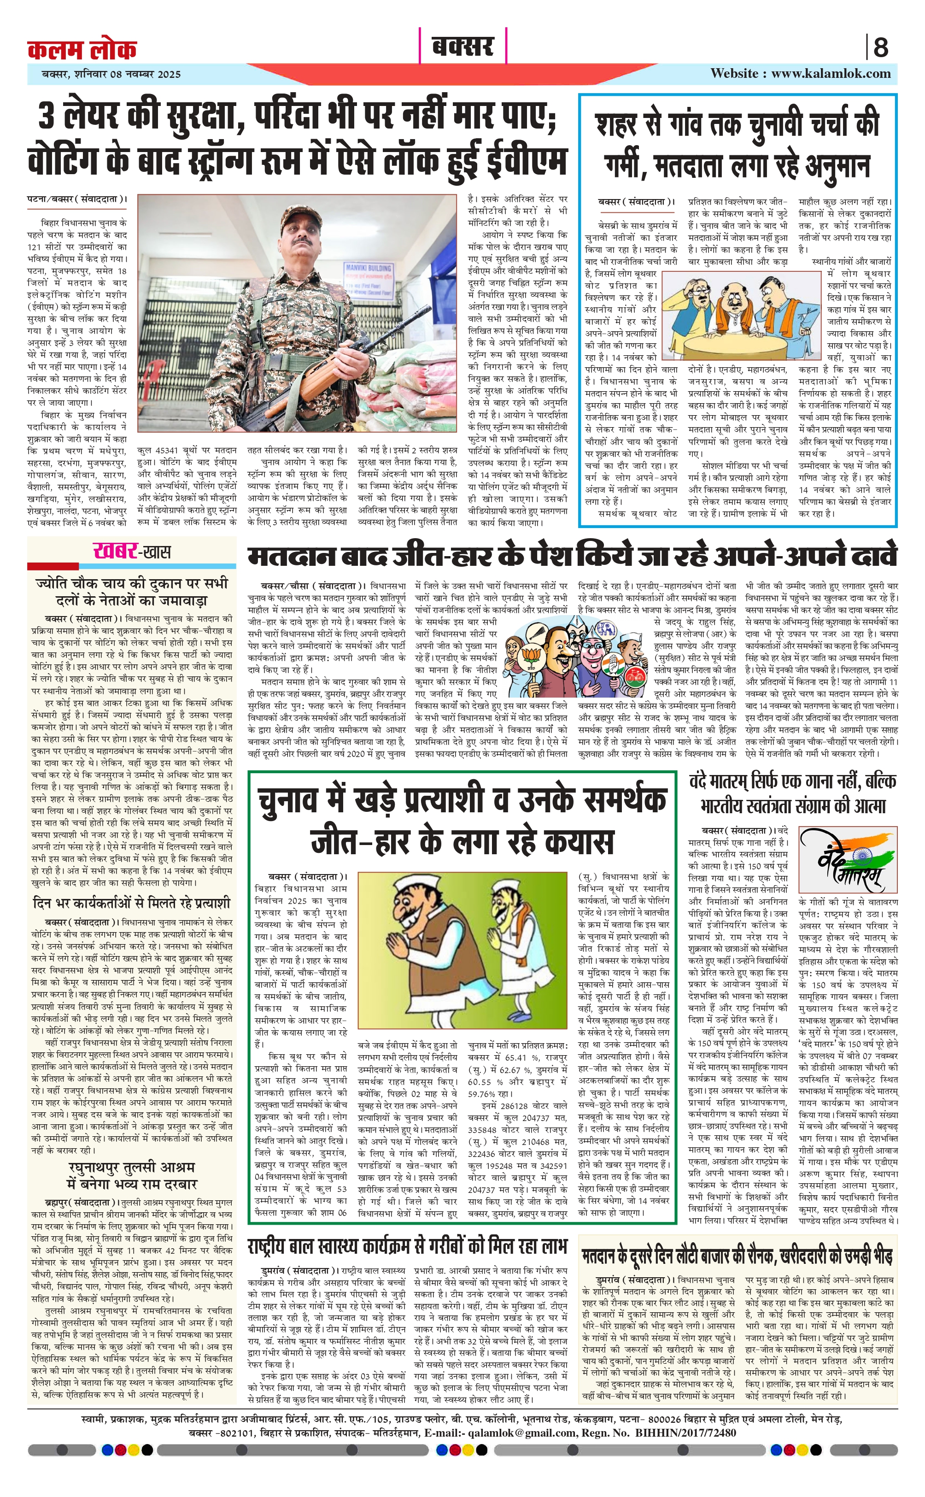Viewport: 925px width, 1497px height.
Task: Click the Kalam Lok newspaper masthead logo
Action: click(82, 49)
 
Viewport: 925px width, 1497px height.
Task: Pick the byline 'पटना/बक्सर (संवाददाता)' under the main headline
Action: click(78, 199)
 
